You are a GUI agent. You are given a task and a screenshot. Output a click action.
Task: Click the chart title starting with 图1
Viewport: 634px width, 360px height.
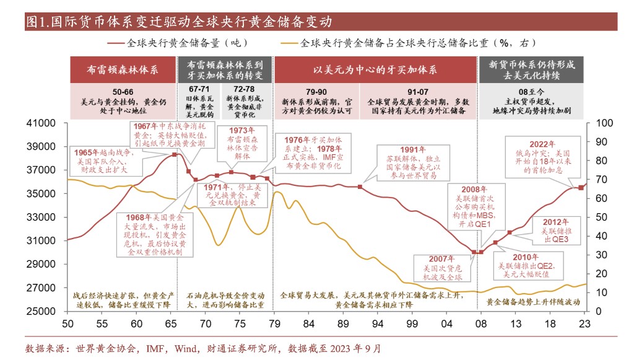(180, 21)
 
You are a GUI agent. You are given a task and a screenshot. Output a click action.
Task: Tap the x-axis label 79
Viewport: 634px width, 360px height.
(275, 323)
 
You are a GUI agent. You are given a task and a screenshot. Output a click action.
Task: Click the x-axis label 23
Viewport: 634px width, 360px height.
(584, 323)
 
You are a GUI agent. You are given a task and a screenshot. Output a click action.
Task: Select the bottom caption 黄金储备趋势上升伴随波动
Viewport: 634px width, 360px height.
(532, 302)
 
